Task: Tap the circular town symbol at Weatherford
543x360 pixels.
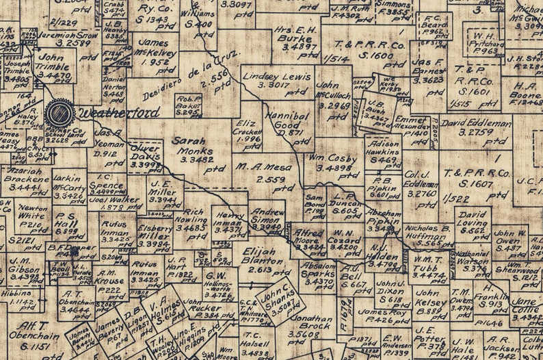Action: point(59,113)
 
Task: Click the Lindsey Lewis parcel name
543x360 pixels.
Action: point(271,77)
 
